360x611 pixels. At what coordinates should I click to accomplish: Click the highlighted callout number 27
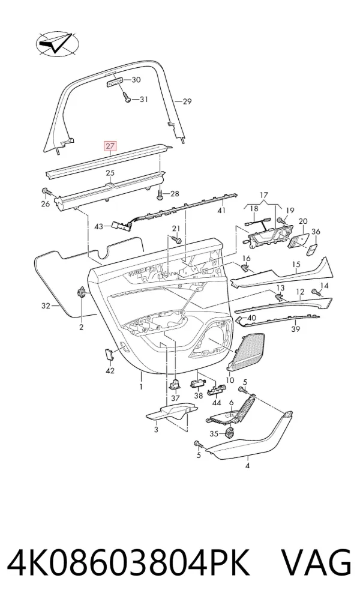pos(110,146)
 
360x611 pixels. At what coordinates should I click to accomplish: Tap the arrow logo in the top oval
pos(56,43)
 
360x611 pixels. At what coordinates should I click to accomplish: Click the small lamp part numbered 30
pos(115,82)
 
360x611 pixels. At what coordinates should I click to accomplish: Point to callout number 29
pos(187,101)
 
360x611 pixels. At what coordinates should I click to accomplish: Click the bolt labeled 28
pos(161,194)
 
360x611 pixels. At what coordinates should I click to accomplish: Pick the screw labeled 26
pos(46,191)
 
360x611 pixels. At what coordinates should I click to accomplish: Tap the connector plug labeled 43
pos(119,224)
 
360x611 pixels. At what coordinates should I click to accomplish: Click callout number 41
pos(221,211)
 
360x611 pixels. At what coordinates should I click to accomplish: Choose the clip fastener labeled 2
pos(82,292)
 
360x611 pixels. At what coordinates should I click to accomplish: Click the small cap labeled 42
pos(109,353)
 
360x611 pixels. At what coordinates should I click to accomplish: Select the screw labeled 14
pos(314,292)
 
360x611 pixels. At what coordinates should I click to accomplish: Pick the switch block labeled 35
pos(230,432)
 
